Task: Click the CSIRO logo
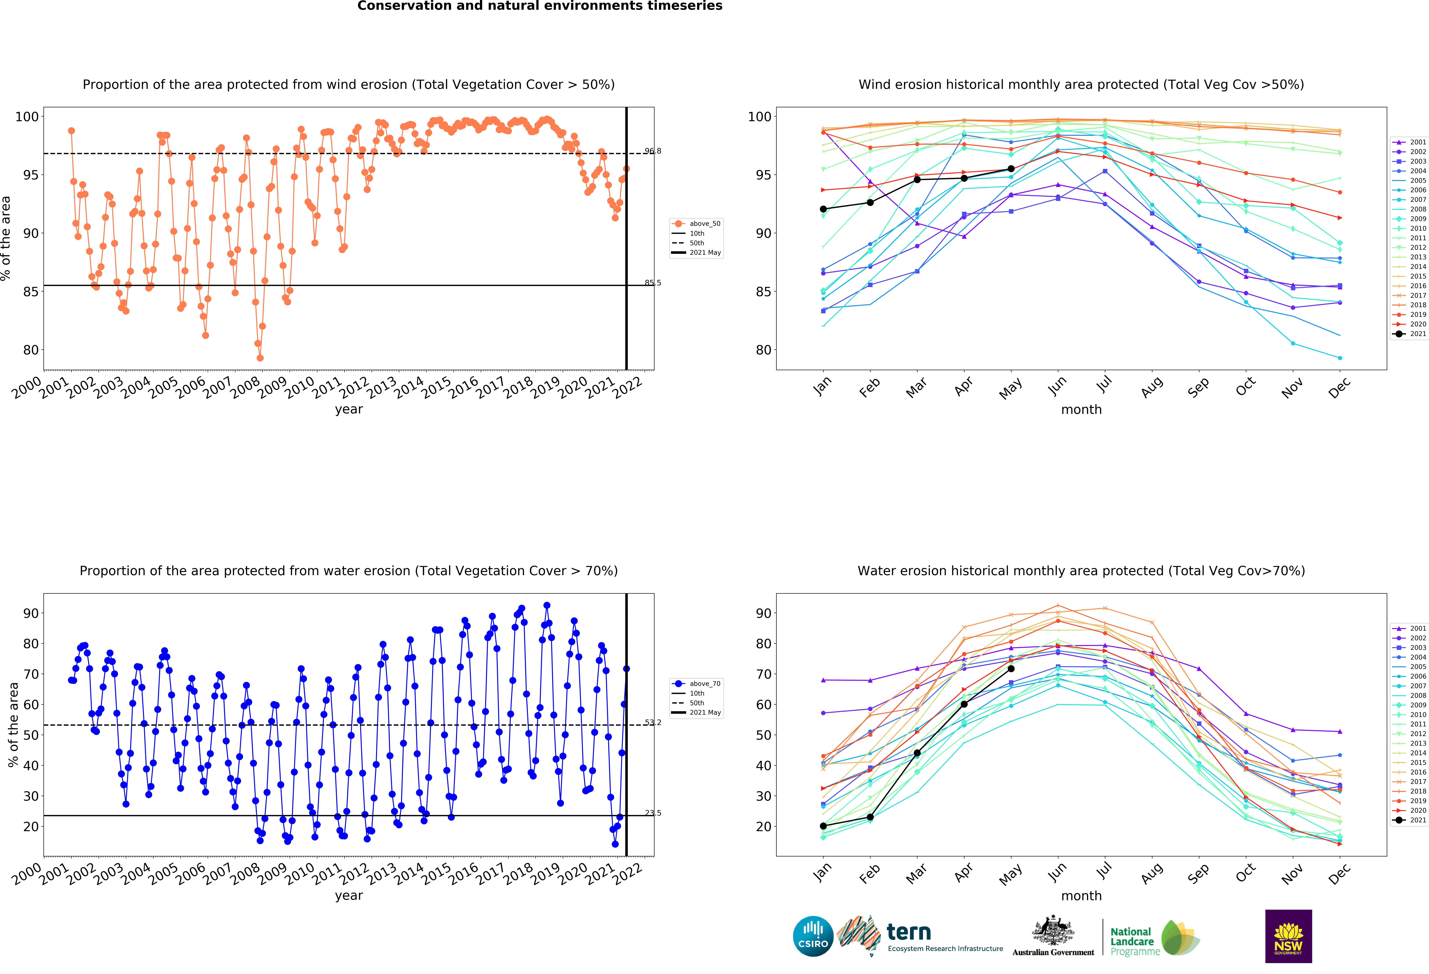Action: tap(813, 936)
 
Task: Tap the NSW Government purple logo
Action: tap(1288, 936)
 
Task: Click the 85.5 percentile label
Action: tap(652, 283)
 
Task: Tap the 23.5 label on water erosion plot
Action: tap(652, 813)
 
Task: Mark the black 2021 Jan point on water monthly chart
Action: tap(823, 826)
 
